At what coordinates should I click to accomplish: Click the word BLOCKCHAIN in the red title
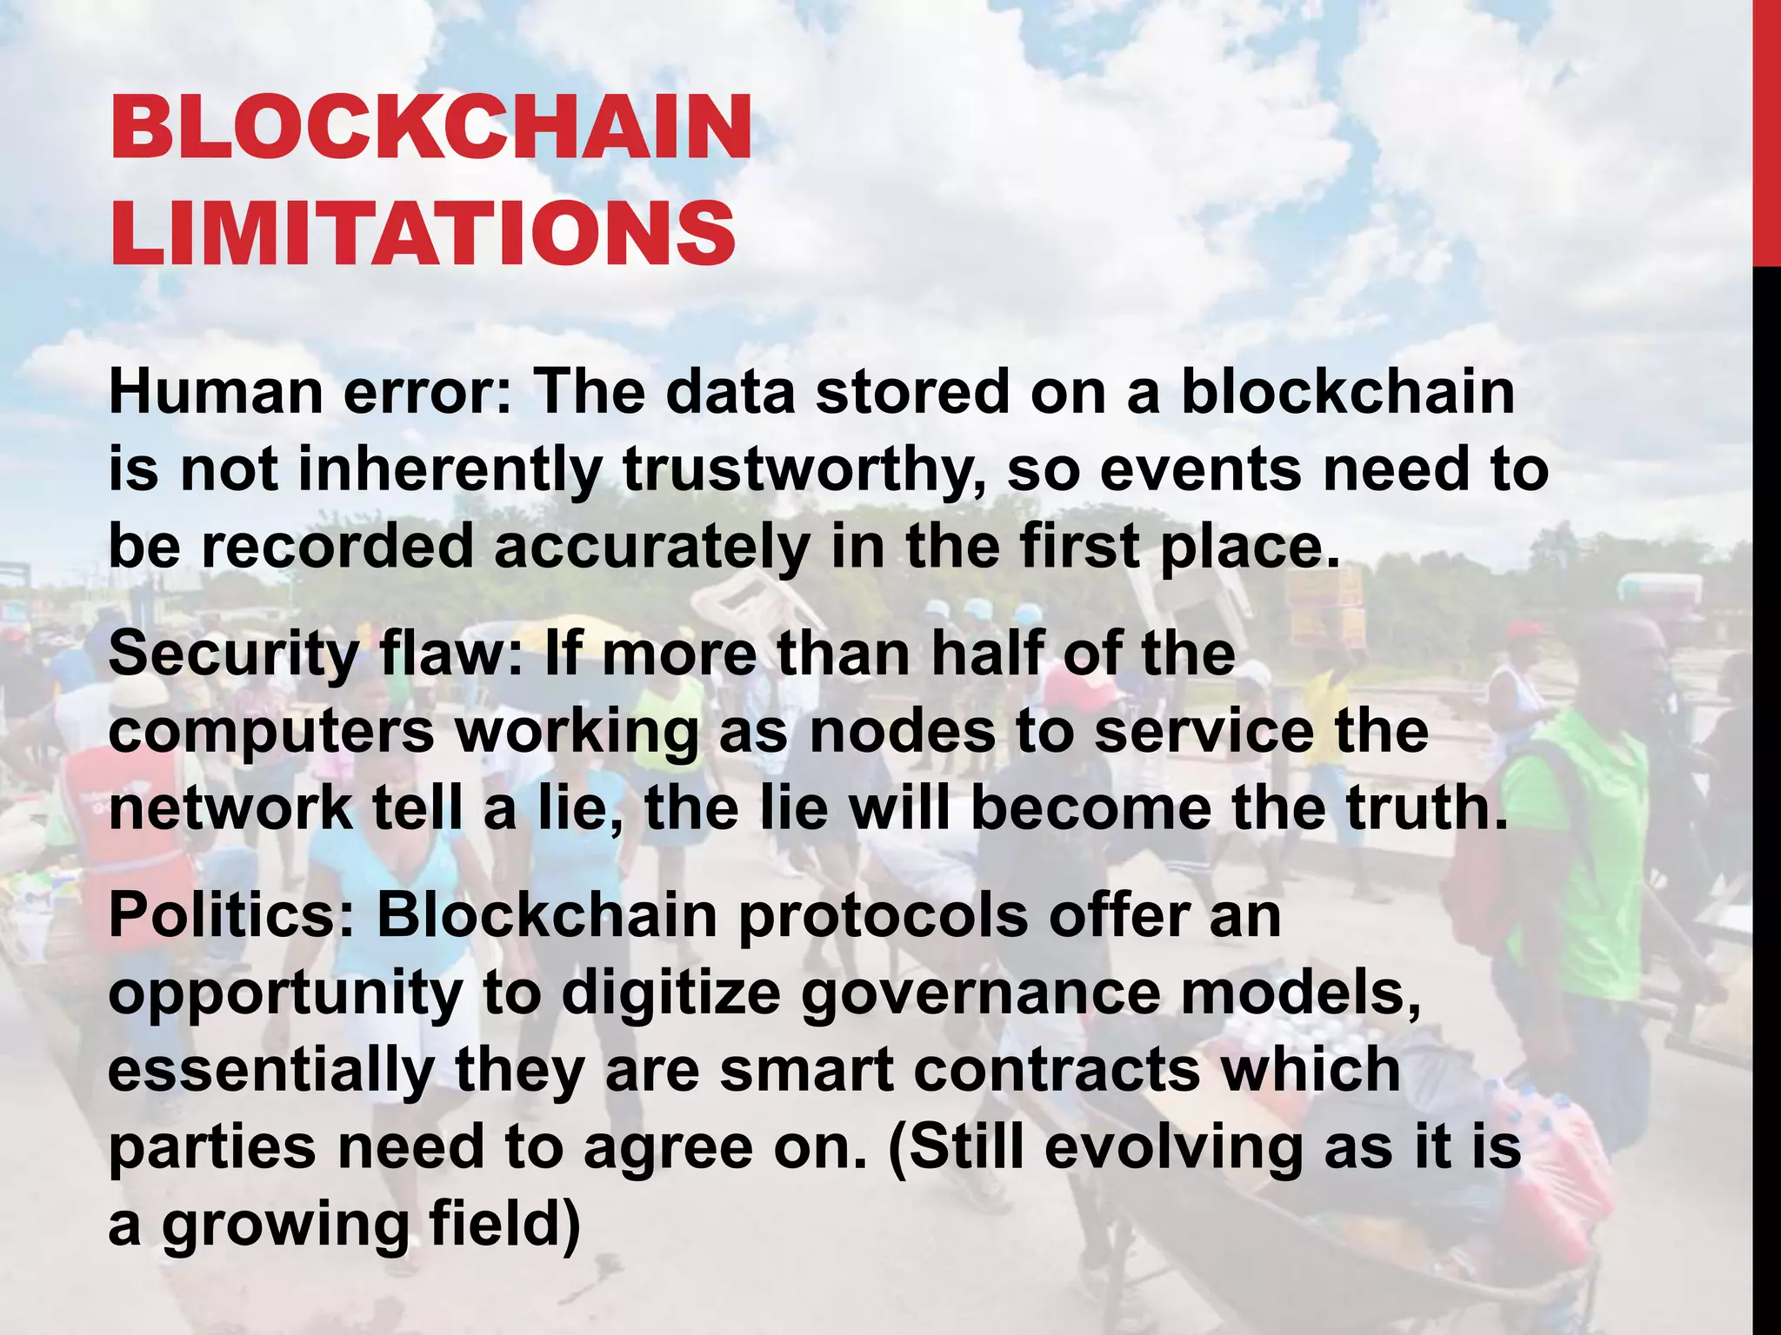(x=430, y=129)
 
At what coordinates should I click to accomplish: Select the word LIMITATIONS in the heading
(x=423, y=232)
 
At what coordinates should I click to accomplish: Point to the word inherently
(x=450, y=469)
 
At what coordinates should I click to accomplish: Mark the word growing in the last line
(x=285, y=1225)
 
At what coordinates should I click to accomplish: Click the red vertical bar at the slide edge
(x=1766, y=130)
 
